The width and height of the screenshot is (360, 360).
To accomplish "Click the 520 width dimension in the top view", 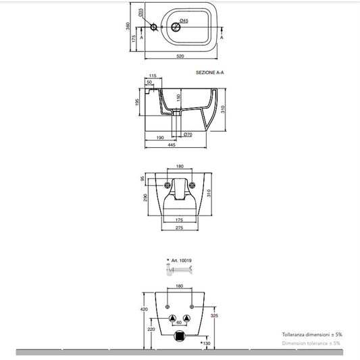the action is coord(180,56).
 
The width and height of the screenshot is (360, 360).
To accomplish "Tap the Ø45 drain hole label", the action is coord(184,21).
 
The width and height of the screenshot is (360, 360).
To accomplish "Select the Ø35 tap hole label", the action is coord(140,12).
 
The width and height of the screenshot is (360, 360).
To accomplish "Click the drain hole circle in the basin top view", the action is coord(176,27).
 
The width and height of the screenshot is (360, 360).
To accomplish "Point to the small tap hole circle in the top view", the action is coord(154,27).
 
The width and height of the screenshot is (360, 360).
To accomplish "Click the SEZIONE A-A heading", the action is coord(209,72).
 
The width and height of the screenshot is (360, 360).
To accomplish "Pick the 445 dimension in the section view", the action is coord(172,145).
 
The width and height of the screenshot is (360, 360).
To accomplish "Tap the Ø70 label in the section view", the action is coord(188,134).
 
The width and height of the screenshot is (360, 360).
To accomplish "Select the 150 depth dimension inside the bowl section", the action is coord(179,98).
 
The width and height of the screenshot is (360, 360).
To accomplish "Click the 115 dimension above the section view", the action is coord(153,76).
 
